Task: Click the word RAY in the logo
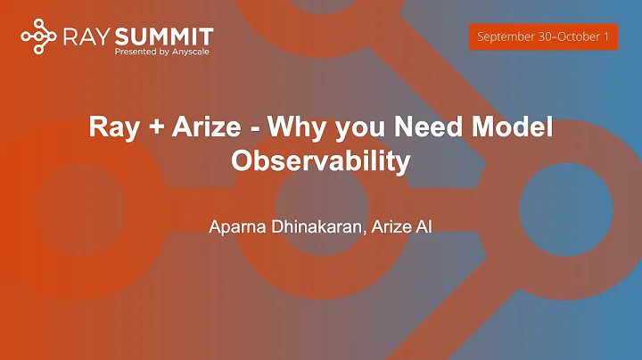pos(85,36)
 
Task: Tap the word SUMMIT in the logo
pos(163,36)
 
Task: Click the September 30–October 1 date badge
pos(542,37)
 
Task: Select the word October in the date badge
pos(573,37)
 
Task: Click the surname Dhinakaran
pos(316,226)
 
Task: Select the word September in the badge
pos(506,37)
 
